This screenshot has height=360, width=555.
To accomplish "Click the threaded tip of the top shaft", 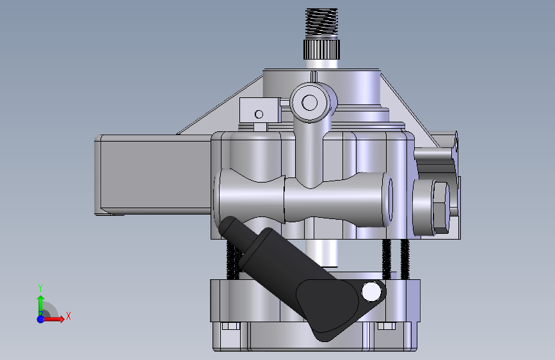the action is click(x=321, y=22).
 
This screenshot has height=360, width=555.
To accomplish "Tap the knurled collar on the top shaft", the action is click(x=321, y=49).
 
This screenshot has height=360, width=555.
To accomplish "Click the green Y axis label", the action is click(x=40, y=288).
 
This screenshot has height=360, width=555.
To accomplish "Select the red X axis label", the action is click(x=68, y=316).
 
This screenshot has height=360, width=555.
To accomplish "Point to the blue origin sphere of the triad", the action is click(x=41, y=319).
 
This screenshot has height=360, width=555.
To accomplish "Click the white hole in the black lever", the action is click(x=371, y=292).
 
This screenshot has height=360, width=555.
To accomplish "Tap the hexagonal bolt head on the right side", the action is click(x=441, y=208).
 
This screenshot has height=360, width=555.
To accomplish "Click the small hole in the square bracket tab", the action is click(x=259, y=114).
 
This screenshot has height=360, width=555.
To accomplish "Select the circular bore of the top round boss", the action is click(x=310, y=102).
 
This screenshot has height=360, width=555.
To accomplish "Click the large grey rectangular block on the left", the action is click(x=153, y=175).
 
